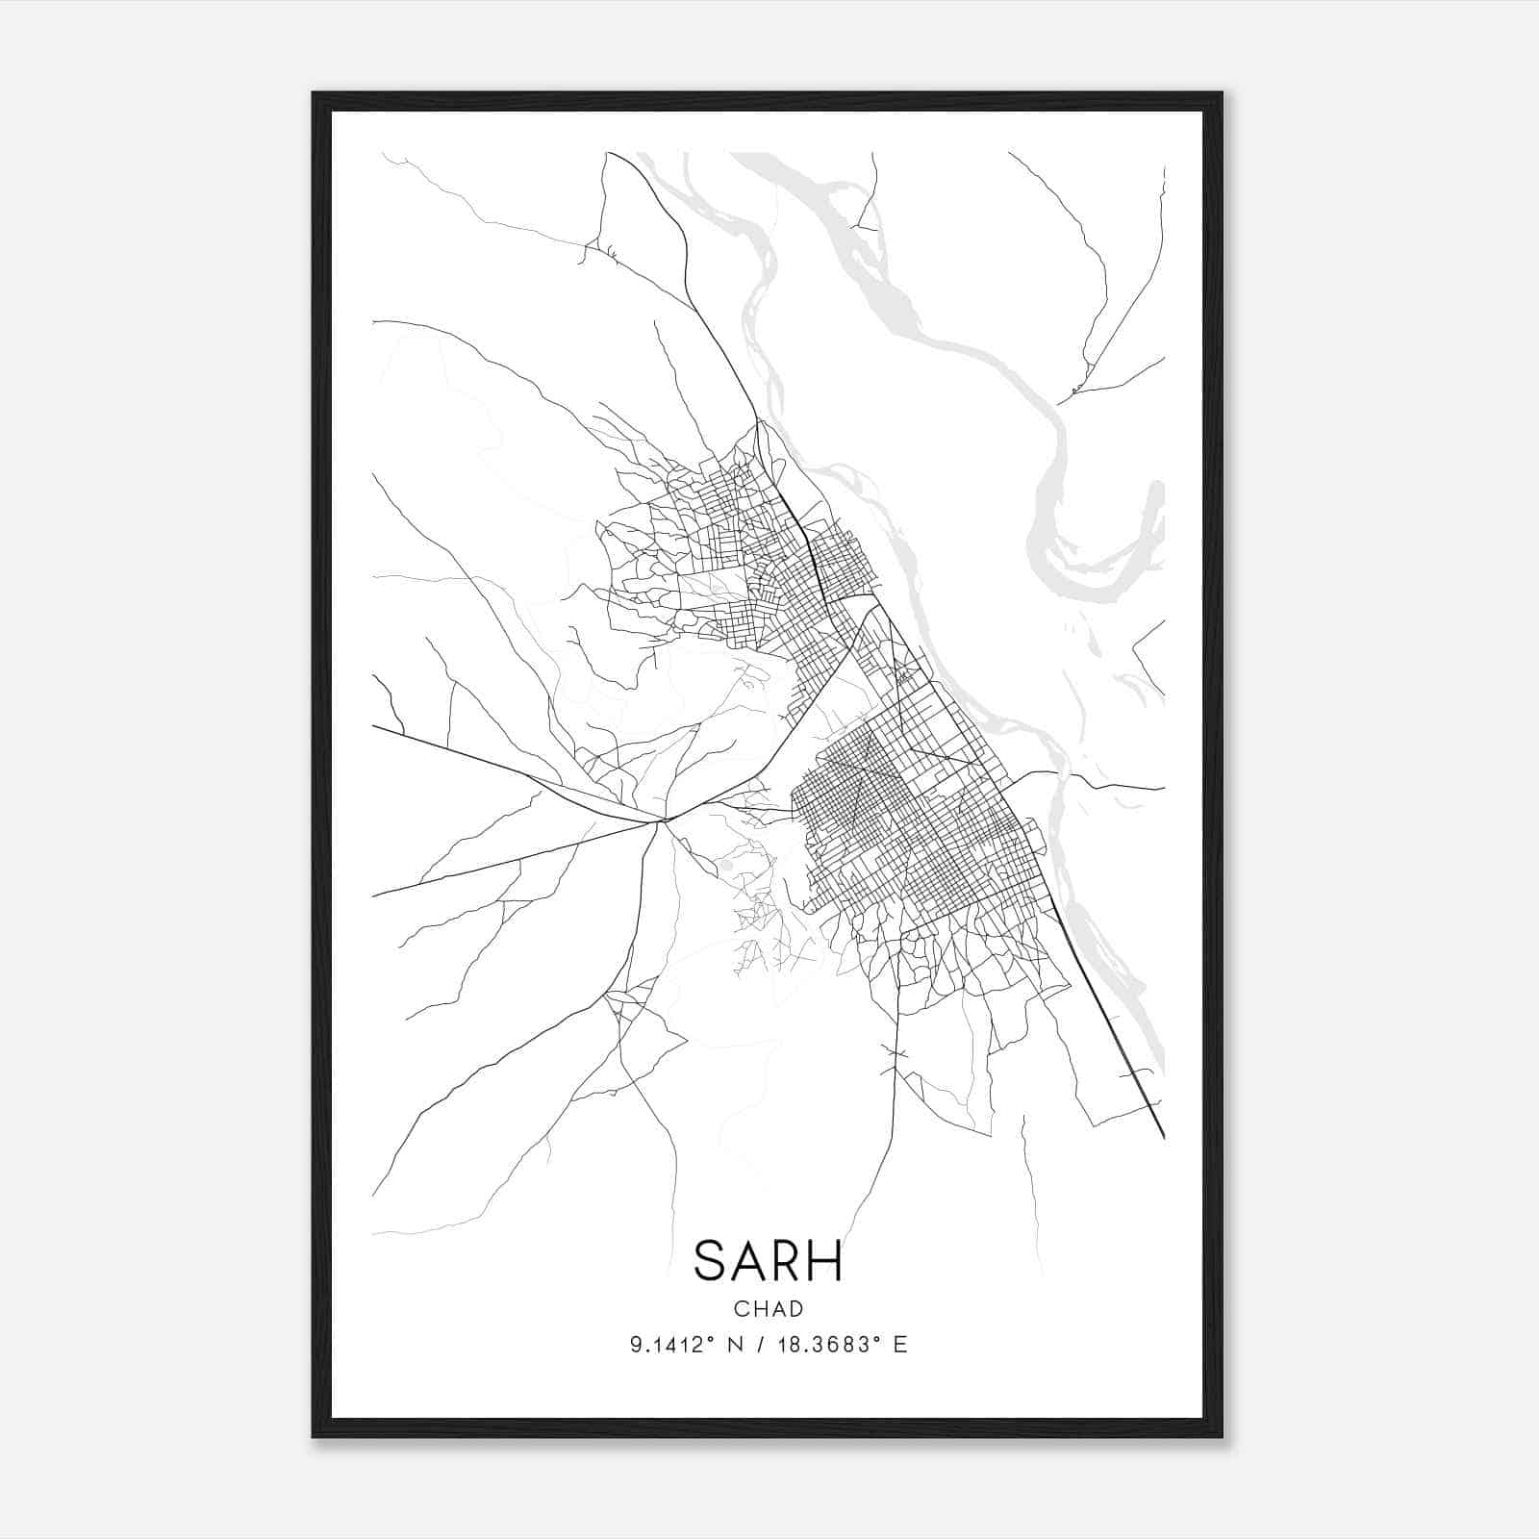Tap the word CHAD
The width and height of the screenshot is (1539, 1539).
[x=768, y=1309]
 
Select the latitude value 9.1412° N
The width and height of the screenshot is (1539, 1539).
[x=686, y=1345]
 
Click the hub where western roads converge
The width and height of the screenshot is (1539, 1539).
[x=664, y=820]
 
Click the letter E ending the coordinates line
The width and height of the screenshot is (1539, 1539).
[x=901, y=1345]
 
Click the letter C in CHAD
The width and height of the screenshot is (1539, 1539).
[x=740, y=1309]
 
